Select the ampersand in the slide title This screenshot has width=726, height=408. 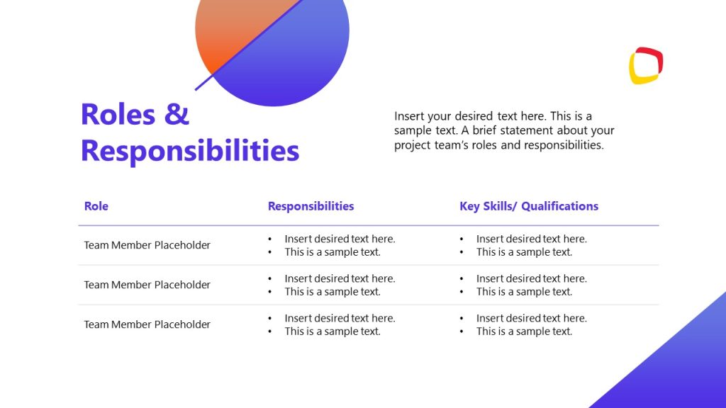(177, 114)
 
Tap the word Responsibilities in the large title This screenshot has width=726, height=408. (190, 151)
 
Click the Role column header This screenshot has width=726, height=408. (96, 206)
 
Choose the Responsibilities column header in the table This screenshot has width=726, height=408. (311, 206)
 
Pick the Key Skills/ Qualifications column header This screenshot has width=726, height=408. (529, 206)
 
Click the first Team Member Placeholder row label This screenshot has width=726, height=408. (147, 245)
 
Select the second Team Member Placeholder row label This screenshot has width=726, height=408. (147, 285)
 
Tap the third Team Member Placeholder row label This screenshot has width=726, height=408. (147, 324)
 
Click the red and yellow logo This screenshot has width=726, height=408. (646, 66)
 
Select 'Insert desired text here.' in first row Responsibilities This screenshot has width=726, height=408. (340, 239)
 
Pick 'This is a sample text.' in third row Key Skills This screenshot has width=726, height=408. (524, 331)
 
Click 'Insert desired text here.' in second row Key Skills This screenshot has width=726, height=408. (531, 278)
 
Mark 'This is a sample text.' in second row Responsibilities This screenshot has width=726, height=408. (333, 292)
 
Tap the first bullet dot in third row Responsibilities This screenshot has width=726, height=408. (270, 319)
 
